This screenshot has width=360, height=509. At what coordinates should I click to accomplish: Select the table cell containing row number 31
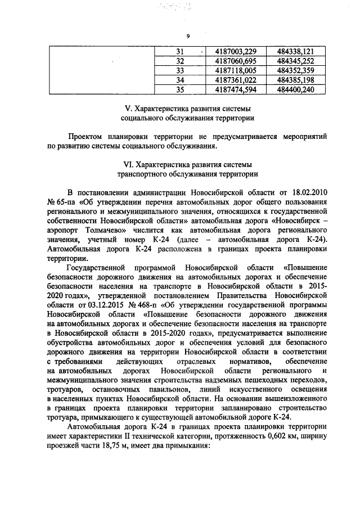tap(180, 51)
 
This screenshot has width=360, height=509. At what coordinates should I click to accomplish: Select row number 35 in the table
tap(180, 89)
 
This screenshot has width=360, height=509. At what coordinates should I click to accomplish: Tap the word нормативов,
tap(249, 359)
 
